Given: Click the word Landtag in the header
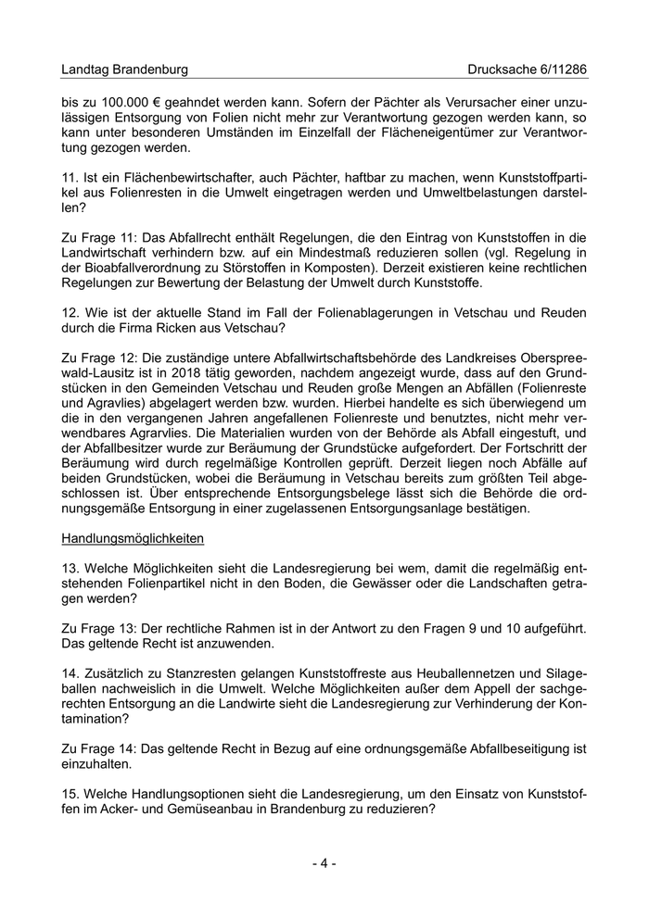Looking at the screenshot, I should [x=85, y=69].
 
